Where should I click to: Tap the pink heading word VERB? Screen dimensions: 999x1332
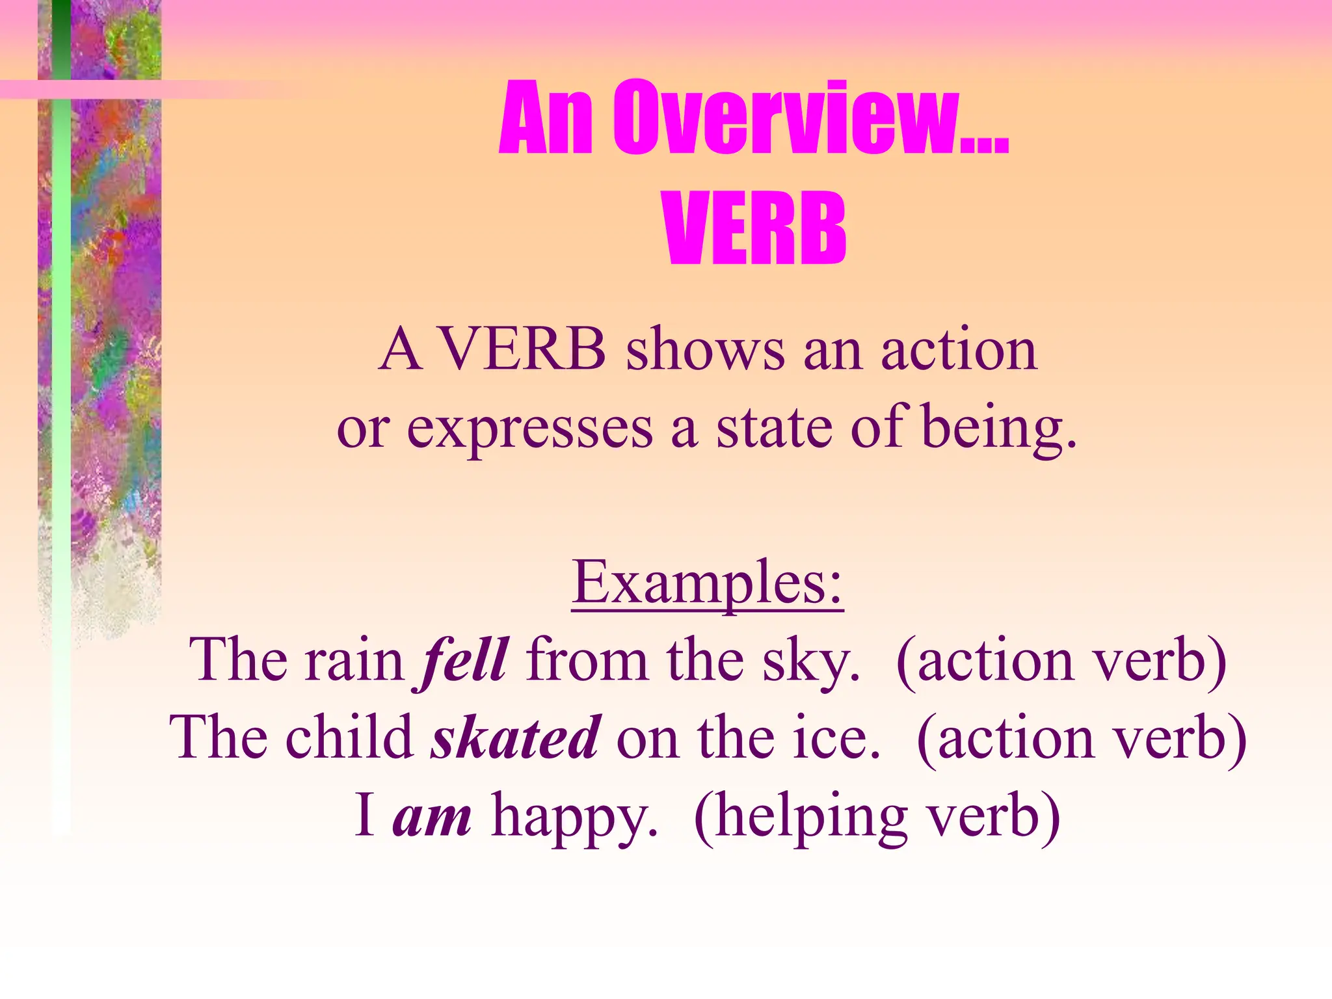(x=754, y=228)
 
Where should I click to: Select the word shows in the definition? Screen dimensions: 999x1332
(x=705, y=351)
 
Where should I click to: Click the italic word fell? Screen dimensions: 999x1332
(x=464, y=660)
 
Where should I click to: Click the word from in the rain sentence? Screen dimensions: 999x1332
(x=587, y=661)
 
